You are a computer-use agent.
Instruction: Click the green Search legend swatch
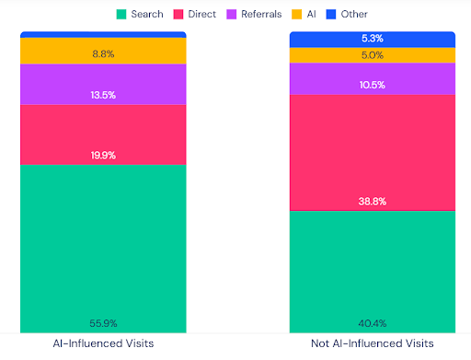[x=121, y=15]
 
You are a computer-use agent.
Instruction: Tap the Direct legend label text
[x=202, y=14]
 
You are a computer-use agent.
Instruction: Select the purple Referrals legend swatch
[x=232, y=15]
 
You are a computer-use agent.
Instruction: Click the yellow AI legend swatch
[x=296, y=15]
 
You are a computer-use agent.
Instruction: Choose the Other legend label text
[x=354, y=14]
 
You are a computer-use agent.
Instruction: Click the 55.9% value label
[x=103, y=323]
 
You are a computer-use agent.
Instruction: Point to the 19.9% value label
[x=103, y=156]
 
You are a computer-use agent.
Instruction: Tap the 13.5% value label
[x=103, y=95]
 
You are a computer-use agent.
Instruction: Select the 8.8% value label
[x=103, y=54]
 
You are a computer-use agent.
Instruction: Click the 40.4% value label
[x=373, y=323]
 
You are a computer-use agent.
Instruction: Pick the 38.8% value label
[x=373, y=202]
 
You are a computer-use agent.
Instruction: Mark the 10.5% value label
[x=373, y=85]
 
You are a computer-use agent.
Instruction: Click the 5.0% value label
[x=373, y=55]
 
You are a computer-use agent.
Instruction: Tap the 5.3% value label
[x=373, y=39]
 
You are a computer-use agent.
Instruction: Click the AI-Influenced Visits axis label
[x=103, y=343]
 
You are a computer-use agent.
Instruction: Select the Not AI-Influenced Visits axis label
[x=373, y=343]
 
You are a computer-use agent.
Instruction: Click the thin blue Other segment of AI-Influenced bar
[x=103, y=34]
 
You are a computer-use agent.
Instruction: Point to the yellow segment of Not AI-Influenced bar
[x=373, y=55]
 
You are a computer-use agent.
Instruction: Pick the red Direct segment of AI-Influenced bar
[x=103, y=135]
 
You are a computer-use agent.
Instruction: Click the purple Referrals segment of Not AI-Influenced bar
[x=373, y=79]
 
